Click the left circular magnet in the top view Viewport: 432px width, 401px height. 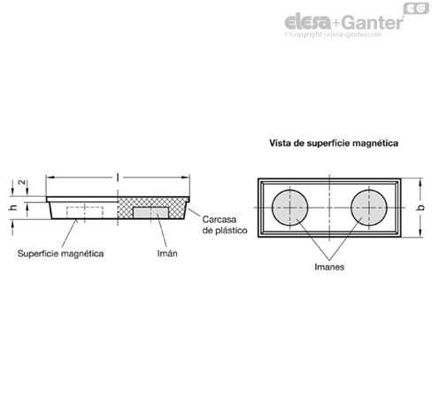(289, 208)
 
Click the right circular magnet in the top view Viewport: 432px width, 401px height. (369, 208)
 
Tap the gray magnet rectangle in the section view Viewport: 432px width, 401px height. (150, 213)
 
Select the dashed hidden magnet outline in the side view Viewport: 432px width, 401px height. (85, 212)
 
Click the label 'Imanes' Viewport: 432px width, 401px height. (329, 267)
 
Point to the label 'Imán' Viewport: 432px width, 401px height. (167, 253)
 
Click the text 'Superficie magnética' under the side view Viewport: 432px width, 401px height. (60, 253)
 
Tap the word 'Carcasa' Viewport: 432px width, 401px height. (220, 219)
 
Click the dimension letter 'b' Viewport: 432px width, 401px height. (421, 208)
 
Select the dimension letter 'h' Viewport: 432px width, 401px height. (12, 208)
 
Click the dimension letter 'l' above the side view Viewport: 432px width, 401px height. (118, 177)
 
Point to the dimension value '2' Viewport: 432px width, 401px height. (21, 182)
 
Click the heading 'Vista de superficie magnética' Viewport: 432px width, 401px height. (334, 143)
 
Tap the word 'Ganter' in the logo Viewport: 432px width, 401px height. (374, 22)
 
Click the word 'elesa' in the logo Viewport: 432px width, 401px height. (308, 22)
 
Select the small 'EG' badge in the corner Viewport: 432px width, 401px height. (416, 9)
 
